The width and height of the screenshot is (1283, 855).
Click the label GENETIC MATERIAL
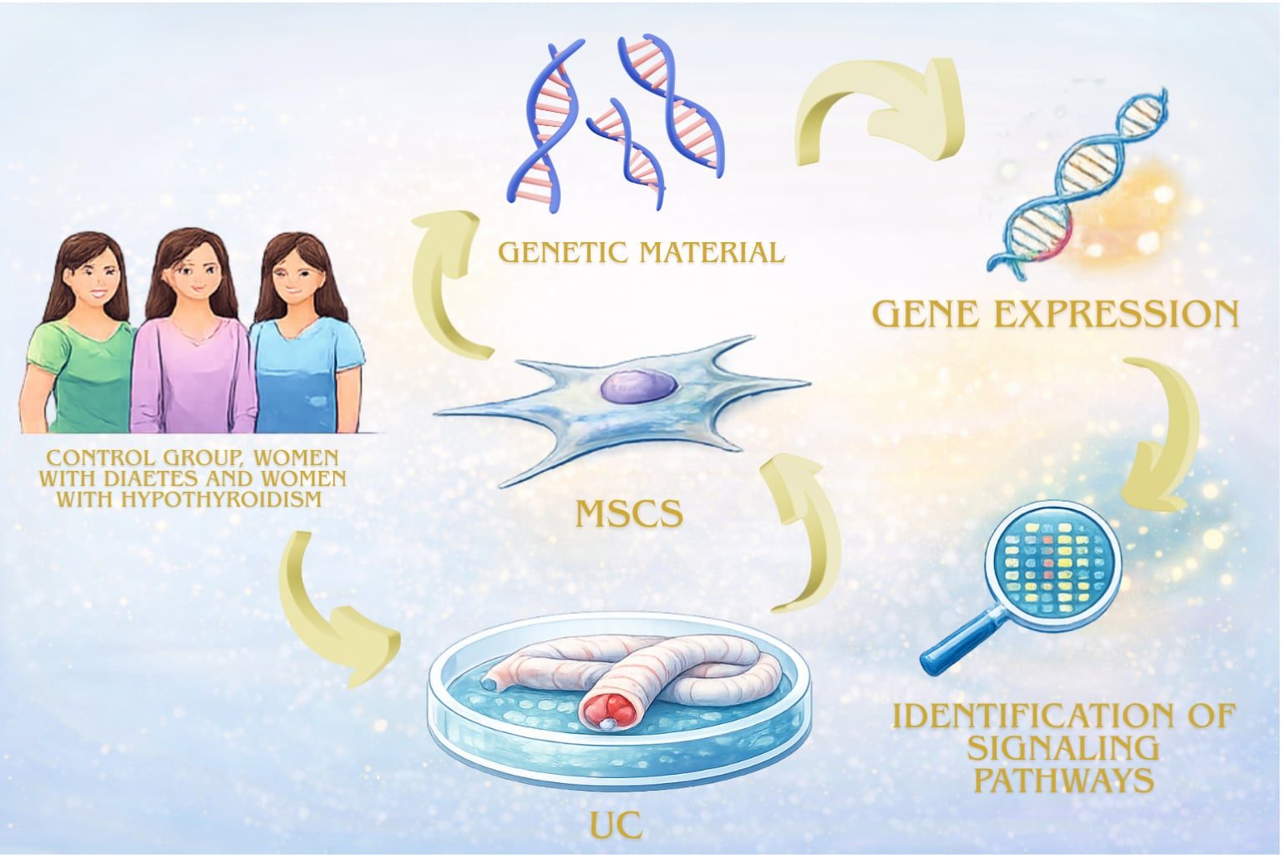click(x=641, y=251)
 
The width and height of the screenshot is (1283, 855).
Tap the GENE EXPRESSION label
click(x=1055, y=314)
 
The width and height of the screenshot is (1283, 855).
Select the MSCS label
click(x=629, y=514)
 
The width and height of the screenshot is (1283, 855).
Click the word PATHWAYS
click(x=1065, y=780)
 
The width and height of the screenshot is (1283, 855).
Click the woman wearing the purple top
click(x=193, y=342)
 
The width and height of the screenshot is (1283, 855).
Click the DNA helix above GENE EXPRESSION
click(x=1078, y=180)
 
